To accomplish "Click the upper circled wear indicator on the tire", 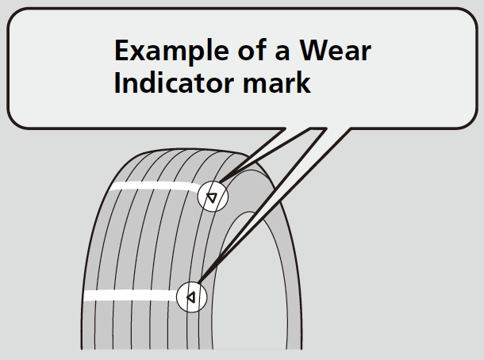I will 213,197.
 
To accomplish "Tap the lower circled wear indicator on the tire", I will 191,297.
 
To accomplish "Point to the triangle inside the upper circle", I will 213,197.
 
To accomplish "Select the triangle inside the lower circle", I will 190,298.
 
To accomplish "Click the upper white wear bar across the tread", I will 155,188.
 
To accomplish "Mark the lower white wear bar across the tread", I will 131,296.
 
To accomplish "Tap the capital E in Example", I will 122,52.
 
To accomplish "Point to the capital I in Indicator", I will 118,83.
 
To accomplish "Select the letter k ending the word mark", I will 304,83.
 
